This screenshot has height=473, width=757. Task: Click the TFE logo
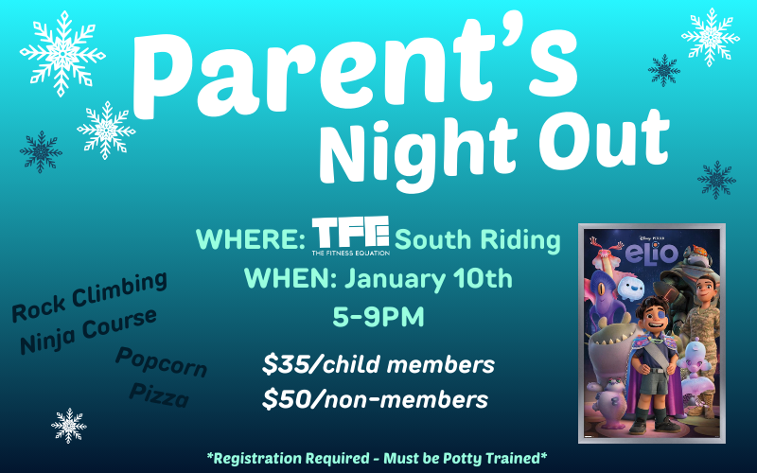350,236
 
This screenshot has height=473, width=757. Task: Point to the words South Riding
478,240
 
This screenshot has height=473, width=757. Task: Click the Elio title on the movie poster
652,255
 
